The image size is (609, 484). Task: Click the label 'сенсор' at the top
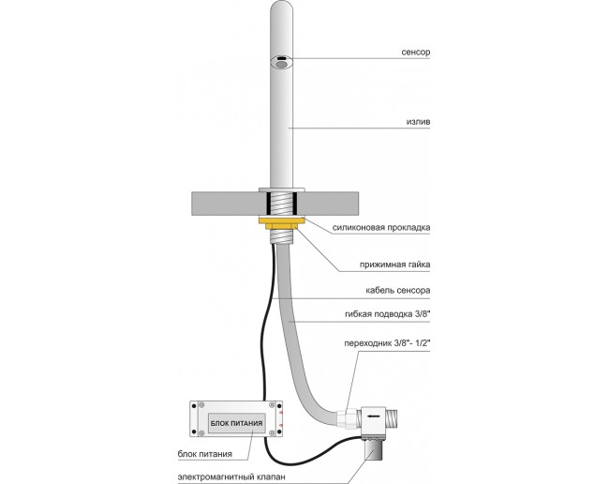pos(416,53)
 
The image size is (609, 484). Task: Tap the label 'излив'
pos(418,122)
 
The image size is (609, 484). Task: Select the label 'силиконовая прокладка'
pos(381,227)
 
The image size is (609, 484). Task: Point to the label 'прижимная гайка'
pos(394,265)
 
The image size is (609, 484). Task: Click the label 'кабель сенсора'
pos(397,291)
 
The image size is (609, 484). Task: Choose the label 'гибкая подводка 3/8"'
pos(388,314)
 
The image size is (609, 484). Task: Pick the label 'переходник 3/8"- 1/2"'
pos(388,343)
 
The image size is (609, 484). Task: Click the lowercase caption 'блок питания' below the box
pos(205,454)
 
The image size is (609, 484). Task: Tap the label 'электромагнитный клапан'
pos(231,476)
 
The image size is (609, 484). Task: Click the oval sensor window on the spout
pos(282,64)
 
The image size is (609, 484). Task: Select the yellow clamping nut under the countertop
pos(282,223)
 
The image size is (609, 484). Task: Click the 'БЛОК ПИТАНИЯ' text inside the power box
pos(236,423)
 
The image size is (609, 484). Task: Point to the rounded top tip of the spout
pos(282,4)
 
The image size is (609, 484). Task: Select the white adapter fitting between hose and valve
pos(348,418)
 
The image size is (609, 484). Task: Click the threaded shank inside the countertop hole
pos(282,203)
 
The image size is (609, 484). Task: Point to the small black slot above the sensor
pos(282,57)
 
